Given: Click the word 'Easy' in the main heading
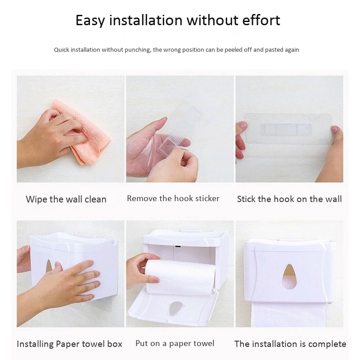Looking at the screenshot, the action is click(90, 21).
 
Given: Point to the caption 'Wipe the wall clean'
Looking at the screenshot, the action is click(66, 199).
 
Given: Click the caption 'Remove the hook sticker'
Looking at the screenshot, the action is click(173, 198).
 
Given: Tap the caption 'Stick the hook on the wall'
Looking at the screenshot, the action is click(289, 199).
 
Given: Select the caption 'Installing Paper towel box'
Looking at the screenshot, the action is click(69, 344).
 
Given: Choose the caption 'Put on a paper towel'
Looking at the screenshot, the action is click(175, 343).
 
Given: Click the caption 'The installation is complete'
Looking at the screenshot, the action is click(290, 344).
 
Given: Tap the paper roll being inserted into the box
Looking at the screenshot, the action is click(180, 277).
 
